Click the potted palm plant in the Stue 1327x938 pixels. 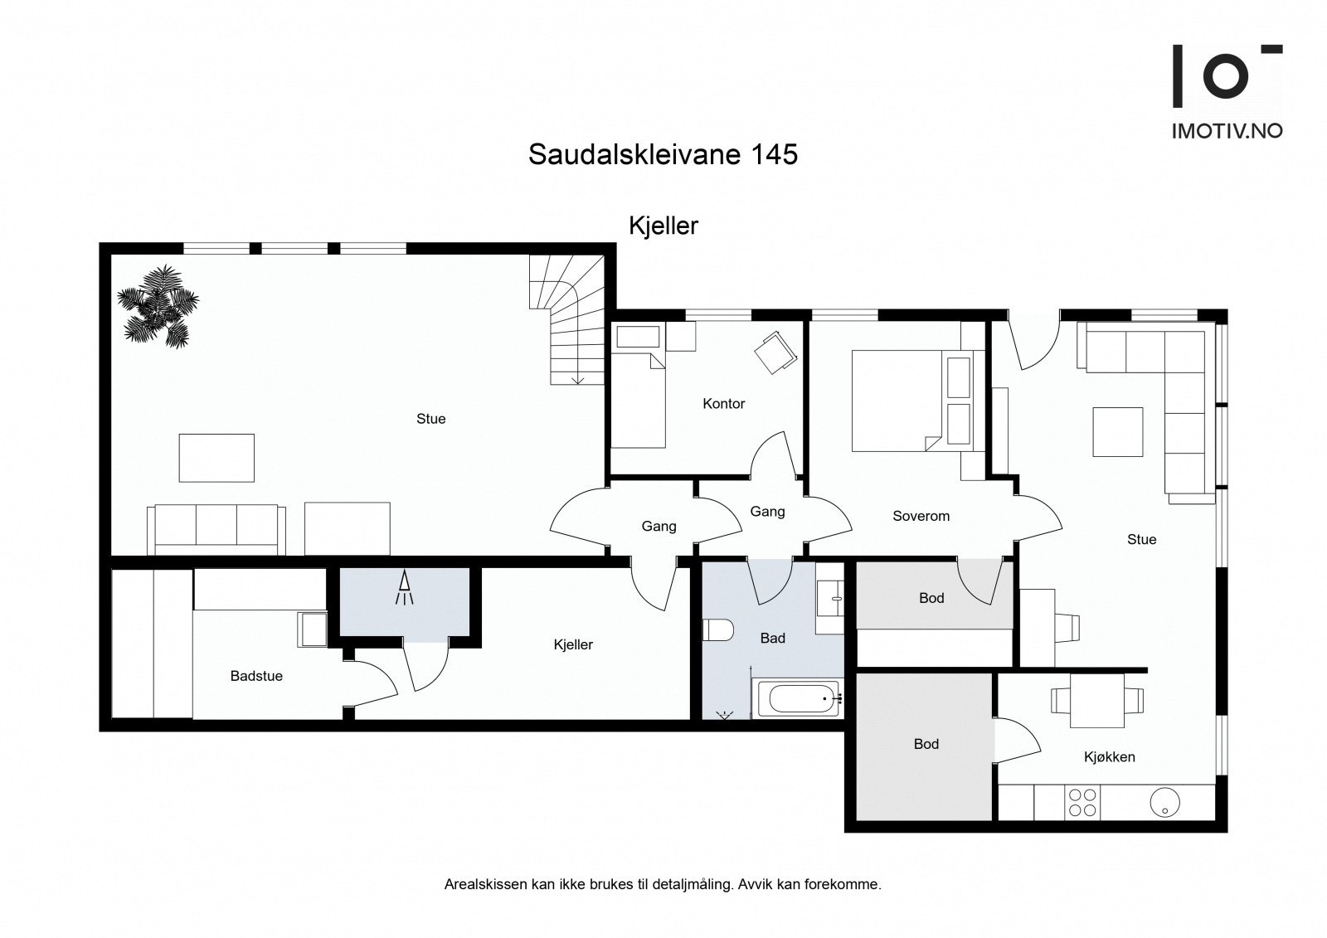coord(158,306)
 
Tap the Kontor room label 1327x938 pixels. coord(723,404)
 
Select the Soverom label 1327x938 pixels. coord(921,516)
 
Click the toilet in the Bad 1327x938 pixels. coord(717,630)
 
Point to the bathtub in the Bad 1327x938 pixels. coord(798,697)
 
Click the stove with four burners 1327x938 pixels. coord(1082,802)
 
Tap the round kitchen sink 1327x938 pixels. coord(1164,801)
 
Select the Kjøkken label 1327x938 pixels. coord(1109,756)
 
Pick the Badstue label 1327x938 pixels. coord(256,676)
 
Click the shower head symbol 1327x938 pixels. coord(405,588)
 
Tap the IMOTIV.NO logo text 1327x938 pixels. coord(1227,130)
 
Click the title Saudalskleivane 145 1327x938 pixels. coord(663,154)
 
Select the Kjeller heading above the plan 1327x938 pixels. coord(663,226)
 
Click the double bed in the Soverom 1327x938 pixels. coord(900,401)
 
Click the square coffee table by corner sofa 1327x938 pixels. coord(1117,431)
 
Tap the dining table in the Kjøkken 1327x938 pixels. coord(1097,701)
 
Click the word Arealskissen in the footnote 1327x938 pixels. coord(485,884)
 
